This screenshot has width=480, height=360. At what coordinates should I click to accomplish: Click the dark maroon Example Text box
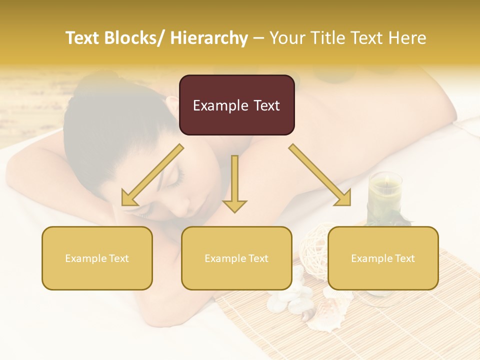click(x=236, y=105)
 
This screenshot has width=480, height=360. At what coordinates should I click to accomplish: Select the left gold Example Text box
click(x=97, y=258)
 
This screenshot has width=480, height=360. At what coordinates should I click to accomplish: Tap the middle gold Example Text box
click(x=236, y=258)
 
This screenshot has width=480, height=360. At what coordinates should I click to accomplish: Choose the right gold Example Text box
click(x=383, y=258)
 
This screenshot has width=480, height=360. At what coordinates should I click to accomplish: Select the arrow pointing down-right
click(x=320, y=175)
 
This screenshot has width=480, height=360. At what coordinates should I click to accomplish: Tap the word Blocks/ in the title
click(x=138, y=38)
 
